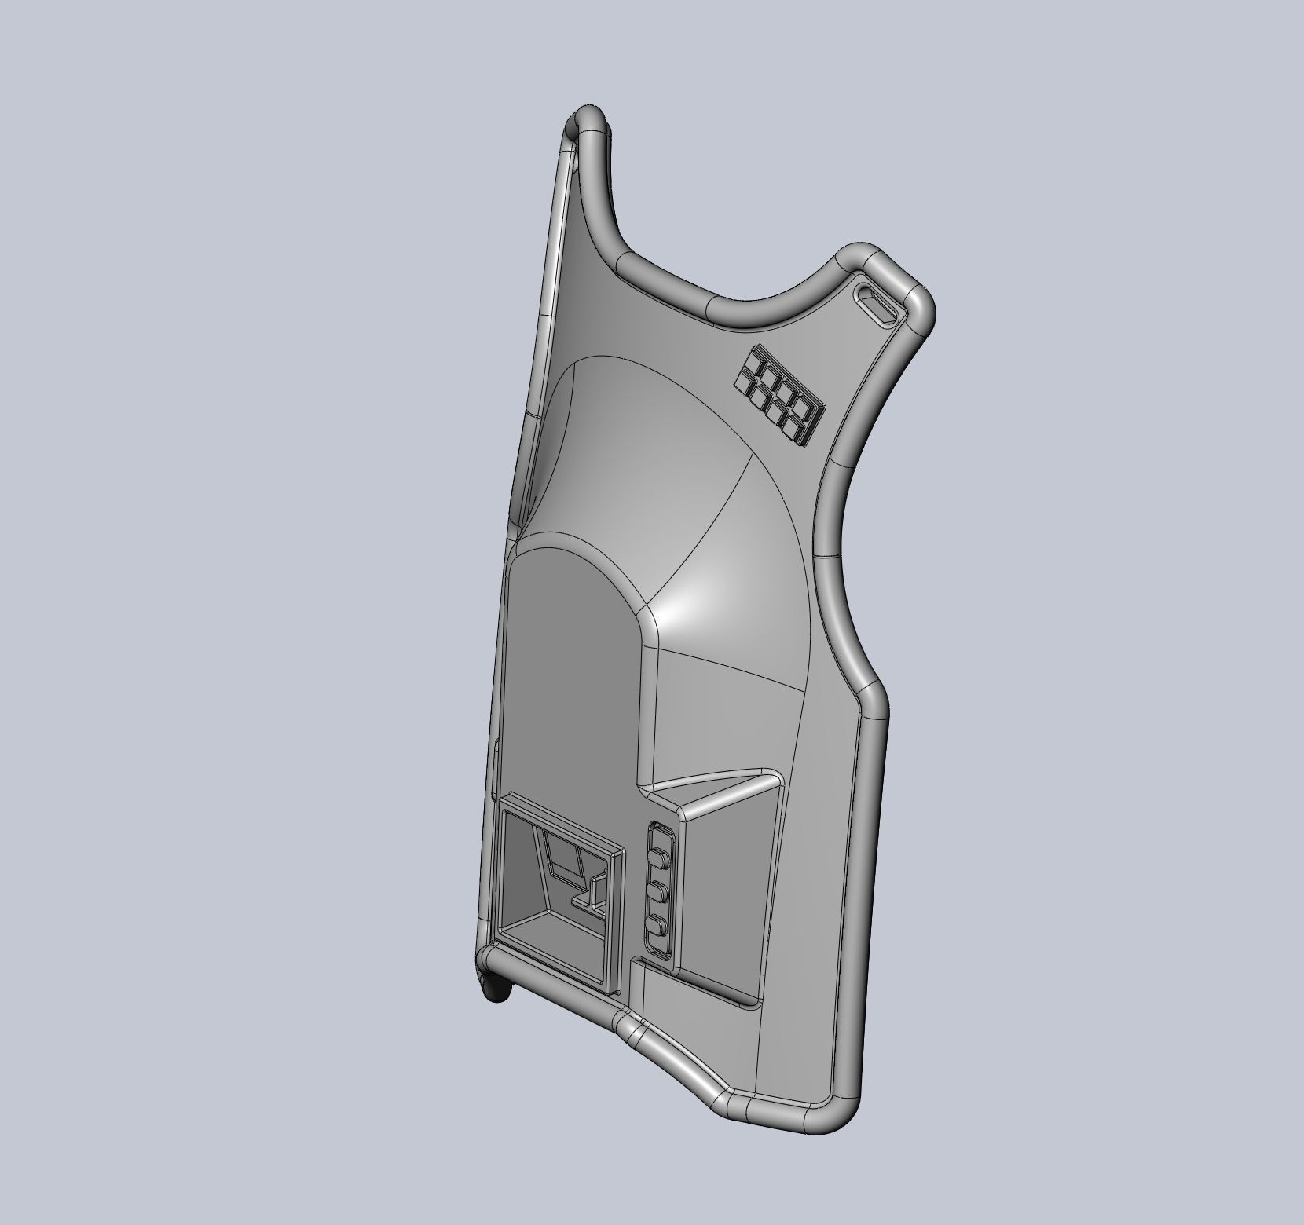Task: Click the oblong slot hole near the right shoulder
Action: click(877, 302)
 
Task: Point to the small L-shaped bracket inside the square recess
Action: click(592, 898)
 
